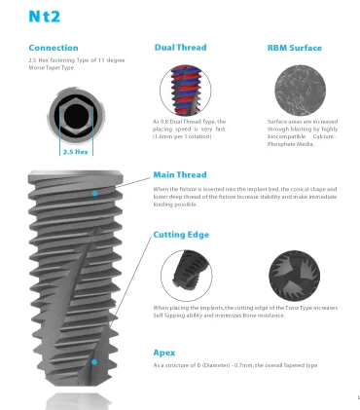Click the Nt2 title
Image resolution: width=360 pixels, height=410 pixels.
[x=45, y=17]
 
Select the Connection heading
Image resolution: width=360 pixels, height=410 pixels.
[x=54, y=48]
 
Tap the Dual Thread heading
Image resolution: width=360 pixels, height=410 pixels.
[x=180, y=48]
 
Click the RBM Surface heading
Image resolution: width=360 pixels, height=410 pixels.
[x=295, y=48]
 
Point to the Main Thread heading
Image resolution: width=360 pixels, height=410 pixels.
[x=180, y=175]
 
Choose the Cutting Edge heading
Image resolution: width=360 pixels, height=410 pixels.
[x=181, y=235]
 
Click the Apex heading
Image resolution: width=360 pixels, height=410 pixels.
[x=164, y=353]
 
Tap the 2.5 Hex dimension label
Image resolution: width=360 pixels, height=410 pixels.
[x=75, y=152]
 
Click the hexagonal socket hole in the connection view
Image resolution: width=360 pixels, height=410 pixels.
[x=76, y=116]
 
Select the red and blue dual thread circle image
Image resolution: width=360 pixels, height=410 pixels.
[x=186, y=91]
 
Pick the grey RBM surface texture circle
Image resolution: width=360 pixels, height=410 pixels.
[x=301, y=91]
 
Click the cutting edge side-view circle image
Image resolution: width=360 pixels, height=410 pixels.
[x=187, y=276]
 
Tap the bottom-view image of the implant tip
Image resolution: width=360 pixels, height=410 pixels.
[x=295, y=276]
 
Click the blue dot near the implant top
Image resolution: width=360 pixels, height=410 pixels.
[x=94, y=193]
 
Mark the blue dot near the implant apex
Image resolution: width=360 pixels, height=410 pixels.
[x=94, y=361]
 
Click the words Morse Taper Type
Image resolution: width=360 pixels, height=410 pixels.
[x=52, y=68]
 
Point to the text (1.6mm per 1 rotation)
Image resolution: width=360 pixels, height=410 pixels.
[x=182, y=136]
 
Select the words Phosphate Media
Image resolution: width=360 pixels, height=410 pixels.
[x=291, y=144]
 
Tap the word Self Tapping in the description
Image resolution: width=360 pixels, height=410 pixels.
[x=164, y=316]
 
